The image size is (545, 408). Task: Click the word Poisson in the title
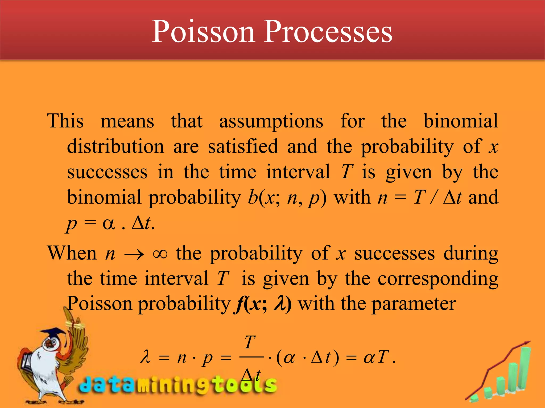tap(203, 32)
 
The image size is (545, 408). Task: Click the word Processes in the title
tap(328, 32)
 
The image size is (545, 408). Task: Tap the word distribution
tap(115, 147)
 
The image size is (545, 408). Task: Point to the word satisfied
tap(243, 147)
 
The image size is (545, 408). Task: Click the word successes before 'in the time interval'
tap(107, 172)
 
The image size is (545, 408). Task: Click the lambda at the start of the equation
tap(146, 357)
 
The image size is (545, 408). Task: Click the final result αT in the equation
tap(376, 357)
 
